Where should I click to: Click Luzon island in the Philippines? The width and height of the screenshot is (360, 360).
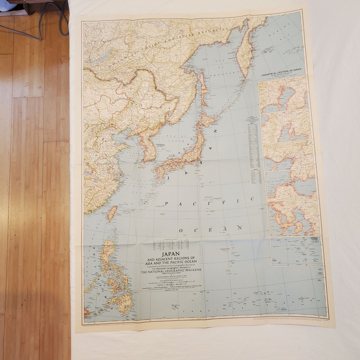coord(108,255)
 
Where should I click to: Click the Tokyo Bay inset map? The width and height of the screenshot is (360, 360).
coord(283,93)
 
